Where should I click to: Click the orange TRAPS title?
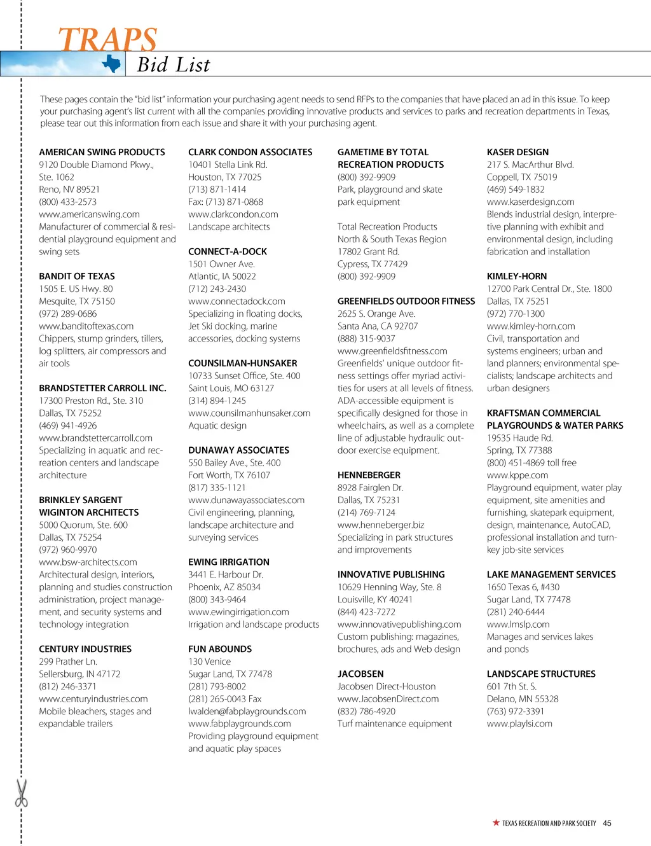point(107,39)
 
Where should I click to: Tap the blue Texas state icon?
point(112,64)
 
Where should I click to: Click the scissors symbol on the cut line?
point(22,793)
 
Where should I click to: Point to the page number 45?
point(607,823)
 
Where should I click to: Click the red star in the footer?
point(496,822)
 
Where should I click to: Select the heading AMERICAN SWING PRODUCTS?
point(102,152)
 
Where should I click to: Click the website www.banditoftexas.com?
point(86,326)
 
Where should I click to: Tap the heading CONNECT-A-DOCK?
point(228,251)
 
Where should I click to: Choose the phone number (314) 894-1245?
point(217,401)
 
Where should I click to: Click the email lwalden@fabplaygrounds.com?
point(247,711)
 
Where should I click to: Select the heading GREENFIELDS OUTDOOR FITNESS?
point(406,301)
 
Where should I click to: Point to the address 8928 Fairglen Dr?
point(370,487)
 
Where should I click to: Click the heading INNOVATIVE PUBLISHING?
point(391,574)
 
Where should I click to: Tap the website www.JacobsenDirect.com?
point(388,698)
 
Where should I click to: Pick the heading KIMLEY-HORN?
point(517,276)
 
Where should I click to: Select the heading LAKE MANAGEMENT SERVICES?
point(551,574)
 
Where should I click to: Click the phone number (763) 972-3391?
point(516,711)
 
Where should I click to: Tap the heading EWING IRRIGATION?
point(229,562)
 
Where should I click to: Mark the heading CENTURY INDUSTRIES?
point(85,649)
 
